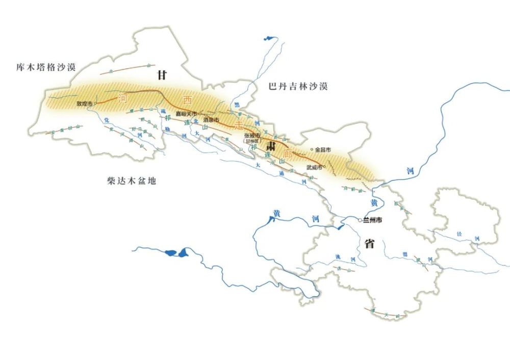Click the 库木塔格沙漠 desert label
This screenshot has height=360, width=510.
[x=46, y=67]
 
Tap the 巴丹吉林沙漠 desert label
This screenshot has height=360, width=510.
[x=298, y=87]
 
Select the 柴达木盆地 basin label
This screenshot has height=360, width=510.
[x=131, y=181]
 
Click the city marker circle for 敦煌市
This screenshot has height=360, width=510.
[x=95, y=104]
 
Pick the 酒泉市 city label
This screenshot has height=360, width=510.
[x=211, y=119]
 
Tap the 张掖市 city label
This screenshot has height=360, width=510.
[x=252, y=136]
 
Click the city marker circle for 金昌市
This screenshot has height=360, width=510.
[x=311, y=150]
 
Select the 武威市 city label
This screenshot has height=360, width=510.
[x=314, y=167]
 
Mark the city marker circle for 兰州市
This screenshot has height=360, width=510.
[x=360, y=220]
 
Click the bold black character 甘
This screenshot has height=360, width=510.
[x=162, y=75]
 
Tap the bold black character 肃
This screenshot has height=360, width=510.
[x=270, y=145]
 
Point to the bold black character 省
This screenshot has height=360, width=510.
[x=369, y=243]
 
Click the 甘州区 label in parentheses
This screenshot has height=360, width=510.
[x=252, y=141]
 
